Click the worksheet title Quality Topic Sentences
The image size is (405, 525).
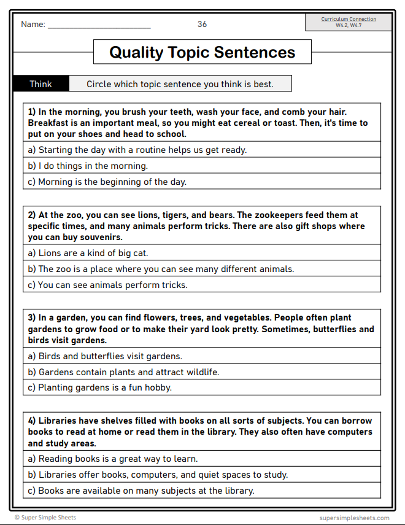click(202, 52)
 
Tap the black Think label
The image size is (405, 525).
click(41, 84)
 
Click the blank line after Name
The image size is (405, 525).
click(99, 25)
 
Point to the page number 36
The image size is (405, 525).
click(202, 25)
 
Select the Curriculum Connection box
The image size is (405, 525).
click(348, 22)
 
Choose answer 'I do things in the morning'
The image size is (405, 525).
click(93, 166)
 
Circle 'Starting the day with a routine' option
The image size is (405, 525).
click(142, 150)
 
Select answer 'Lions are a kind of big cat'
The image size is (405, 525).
click(93, 253)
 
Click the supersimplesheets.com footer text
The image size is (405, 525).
click(354, 518)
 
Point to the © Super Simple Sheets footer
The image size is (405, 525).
click(45, 518)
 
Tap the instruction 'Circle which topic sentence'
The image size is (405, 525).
click(180, 84)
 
